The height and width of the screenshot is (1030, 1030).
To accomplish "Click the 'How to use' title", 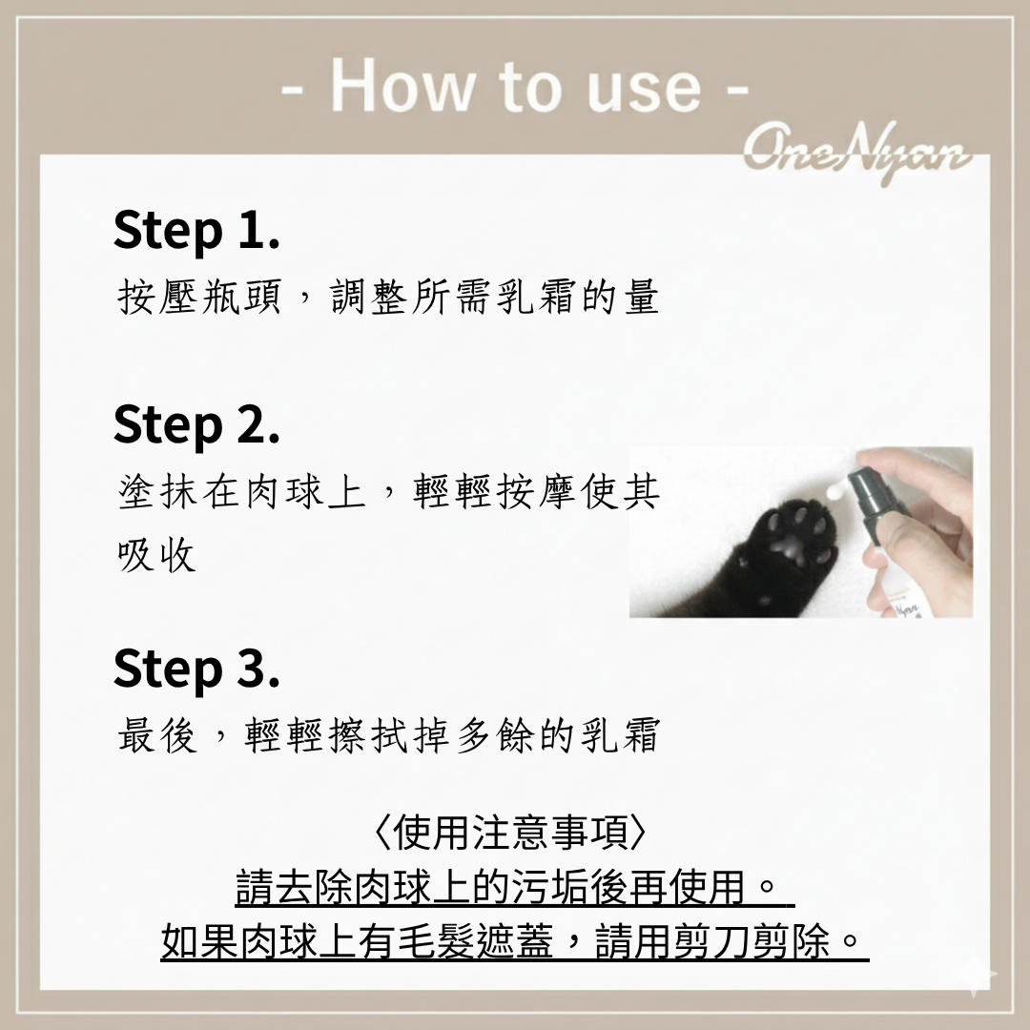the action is pyautogui.click(x=515, y=87).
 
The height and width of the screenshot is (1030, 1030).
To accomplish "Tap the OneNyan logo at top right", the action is pyautogui.click(x=857, y=154).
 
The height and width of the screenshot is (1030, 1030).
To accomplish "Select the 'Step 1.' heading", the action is pyautogui.click(x=196, y=230).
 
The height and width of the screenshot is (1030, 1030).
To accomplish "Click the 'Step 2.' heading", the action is pyautogui.click(x=196, y=424).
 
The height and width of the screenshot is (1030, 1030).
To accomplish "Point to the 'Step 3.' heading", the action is pyautogui.click(x=196, y=669).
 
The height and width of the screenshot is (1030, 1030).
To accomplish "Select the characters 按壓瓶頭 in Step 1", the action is pyautogui.click(x=199, y=297).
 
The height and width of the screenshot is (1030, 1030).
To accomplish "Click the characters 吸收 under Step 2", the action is pyautogui.click(x=157, y=554).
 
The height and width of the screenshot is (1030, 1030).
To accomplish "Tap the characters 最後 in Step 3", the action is pyautogui.click(x=157, y=734).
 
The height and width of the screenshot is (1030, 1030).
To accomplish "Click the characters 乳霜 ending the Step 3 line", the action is pyautogui.click(x=620, y=734).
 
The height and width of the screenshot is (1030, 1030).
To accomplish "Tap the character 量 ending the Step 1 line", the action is pyautogui.click(x=642, y=297).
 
